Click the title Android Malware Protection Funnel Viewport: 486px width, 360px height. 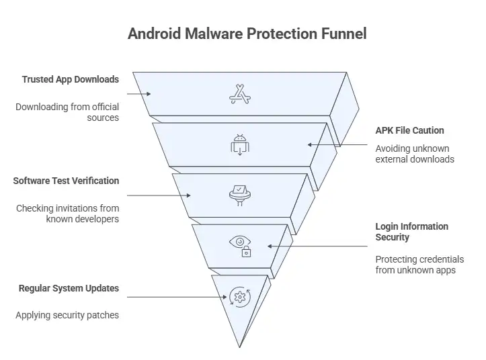(247, 34)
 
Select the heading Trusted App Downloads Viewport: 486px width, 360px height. (70, 79)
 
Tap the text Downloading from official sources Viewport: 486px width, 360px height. (67, 112)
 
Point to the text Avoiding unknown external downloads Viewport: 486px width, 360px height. (414, 154)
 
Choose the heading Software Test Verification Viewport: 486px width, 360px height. (66, 181)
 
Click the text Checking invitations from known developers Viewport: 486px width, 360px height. (67, 214)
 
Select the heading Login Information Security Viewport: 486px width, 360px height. (411, 232)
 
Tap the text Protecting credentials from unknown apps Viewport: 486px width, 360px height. (419, 265)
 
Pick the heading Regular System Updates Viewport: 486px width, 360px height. (69, 288)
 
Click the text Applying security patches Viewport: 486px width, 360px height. (67, 315)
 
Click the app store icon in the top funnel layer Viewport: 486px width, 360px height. (240, 95)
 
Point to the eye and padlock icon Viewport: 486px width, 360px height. (241, 246)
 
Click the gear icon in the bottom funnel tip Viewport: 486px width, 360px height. (239, 296)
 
